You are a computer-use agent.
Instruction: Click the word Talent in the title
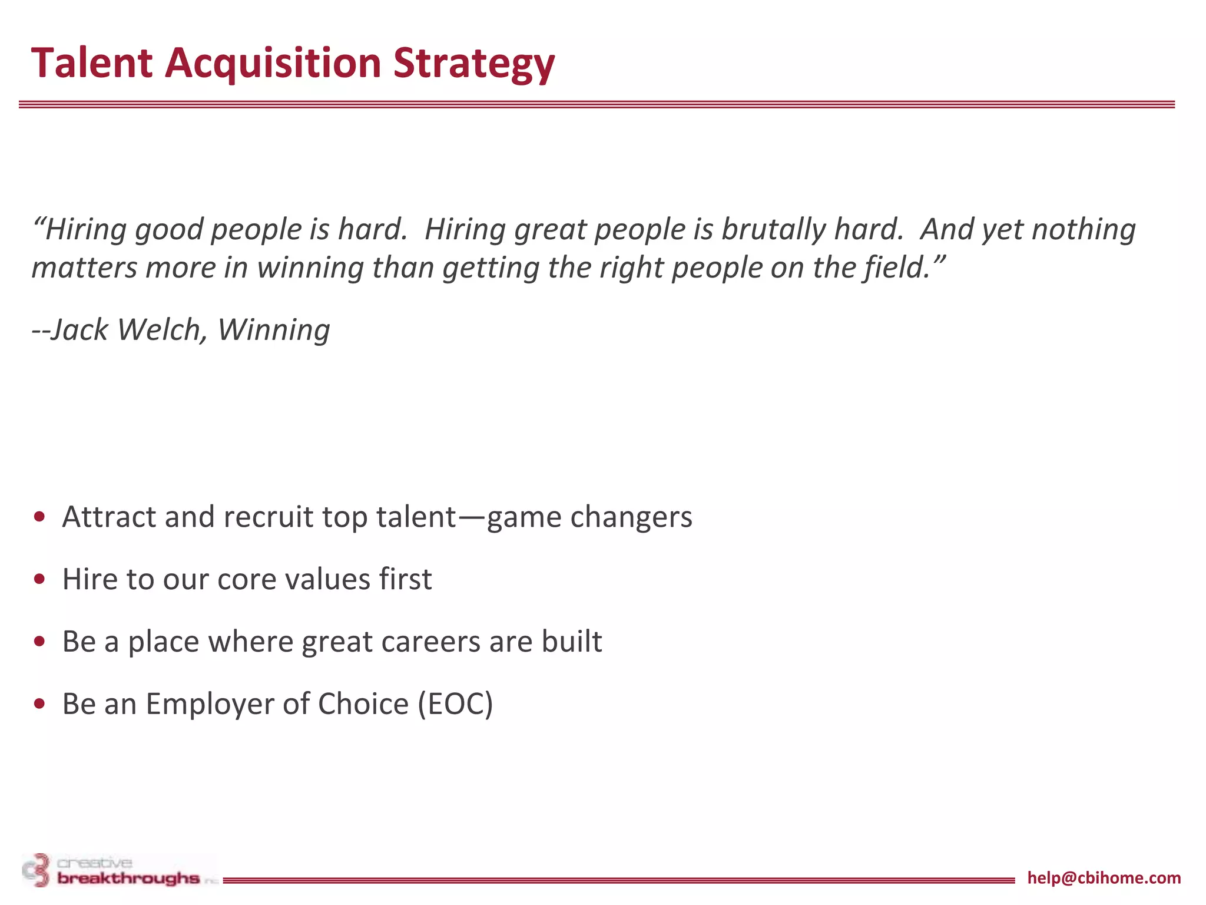coord(91,62)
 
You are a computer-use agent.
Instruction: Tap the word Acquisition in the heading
coord(273,62)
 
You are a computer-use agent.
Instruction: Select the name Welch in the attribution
coord(162,329)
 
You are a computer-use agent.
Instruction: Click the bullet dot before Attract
coord(40,517)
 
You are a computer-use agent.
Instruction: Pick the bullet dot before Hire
coord(40,580)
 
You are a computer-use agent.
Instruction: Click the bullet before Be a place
coord(40,642)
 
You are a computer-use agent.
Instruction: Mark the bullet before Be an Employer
coord(40,704)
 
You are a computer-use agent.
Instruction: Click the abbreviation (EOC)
coord(455,704)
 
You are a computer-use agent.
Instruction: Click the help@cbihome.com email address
coord(1104,878)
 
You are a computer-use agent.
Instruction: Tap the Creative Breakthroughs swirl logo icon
coord(37,870)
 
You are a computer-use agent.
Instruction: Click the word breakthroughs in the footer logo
coord(128,878)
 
